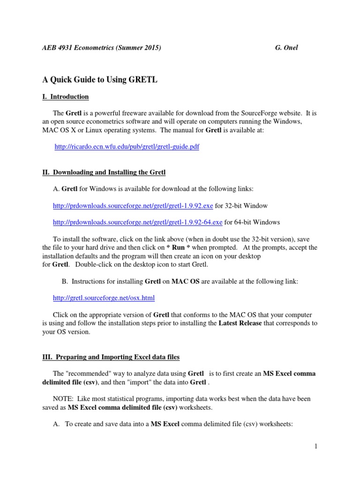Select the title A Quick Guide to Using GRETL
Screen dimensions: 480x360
pyautogui.click(x=99, y=80)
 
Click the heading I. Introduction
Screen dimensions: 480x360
pyautogui.click(x=65, y=97)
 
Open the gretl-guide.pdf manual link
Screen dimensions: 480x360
pyautogui.click(x=127, y=147)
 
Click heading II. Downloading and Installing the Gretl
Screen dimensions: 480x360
pyautogui.click(x=104, y=172)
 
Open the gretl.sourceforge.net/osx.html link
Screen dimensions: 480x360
pyautogui.click(x=104, y=298)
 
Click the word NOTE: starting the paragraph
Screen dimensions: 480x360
pyautogui.click(x=64, y=398)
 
